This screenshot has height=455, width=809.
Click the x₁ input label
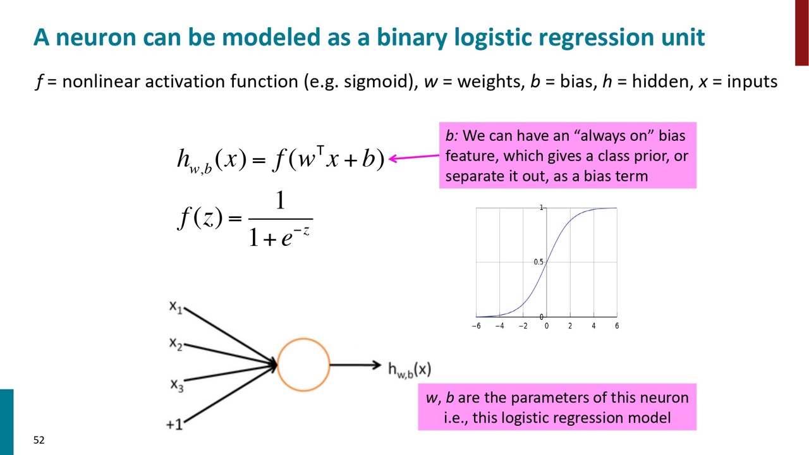click(x=176, y=307)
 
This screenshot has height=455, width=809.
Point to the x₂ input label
click(x=176, y=344)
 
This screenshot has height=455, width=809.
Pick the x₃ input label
click(x=177, y=385)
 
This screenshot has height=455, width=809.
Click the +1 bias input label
click(x=174, y=424)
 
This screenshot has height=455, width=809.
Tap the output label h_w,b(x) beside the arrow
click(x=410, y=370)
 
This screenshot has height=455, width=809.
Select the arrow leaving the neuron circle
click(x=355, y=365)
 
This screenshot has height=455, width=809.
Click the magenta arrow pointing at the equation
click(x=414, y=157)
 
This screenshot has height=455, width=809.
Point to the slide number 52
click(x=39, y=440)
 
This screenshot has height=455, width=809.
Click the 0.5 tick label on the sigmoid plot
click(x=538, y=262)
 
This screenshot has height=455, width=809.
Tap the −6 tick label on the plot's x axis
click(x=477, y=326)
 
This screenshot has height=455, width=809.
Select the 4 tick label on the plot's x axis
click(x=593, y=326)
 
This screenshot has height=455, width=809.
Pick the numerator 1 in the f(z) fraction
click(x=281, y=200)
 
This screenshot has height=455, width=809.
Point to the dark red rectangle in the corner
click(x=802, y=32)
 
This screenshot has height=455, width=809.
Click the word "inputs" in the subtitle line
click(x=752, y=82)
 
